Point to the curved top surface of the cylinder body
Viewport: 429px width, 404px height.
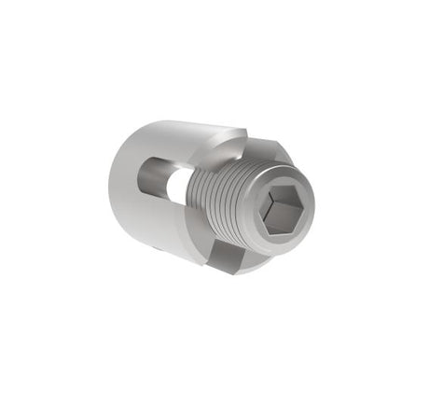(x=177, y=135)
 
